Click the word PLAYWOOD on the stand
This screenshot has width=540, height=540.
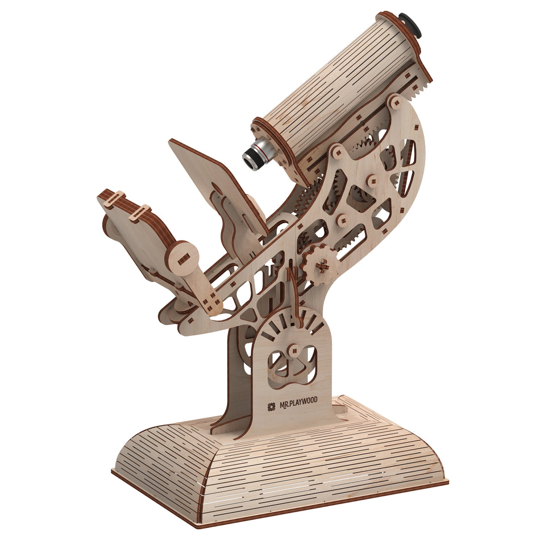click(x=303, y=402)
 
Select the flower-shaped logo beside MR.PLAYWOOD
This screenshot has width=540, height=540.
click(x=272, y=407)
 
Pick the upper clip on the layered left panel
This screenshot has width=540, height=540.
click(x=113, y=198)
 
